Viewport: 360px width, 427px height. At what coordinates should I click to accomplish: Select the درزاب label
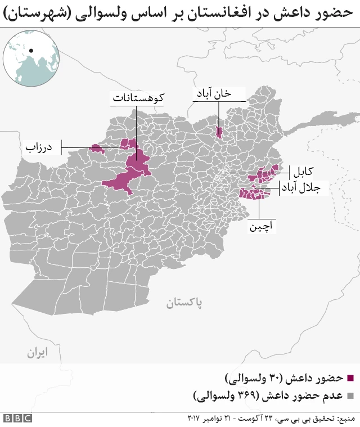39,148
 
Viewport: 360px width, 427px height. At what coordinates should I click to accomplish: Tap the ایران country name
37,353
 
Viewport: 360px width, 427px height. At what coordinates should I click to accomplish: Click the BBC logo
17,419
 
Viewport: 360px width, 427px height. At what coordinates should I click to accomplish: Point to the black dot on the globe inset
31,51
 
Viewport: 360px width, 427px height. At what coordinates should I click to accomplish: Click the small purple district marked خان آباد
219,132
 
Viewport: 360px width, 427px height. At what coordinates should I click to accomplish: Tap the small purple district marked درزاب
97,149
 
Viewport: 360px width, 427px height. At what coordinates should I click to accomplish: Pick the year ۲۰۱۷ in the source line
194,419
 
